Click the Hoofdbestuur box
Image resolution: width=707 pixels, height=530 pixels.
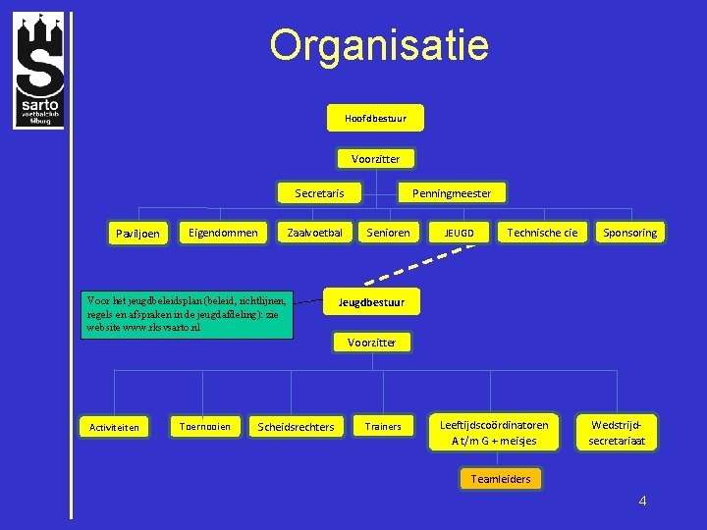click(375, 119)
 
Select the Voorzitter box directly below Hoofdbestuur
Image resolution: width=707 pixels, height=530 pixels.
click(375, 158)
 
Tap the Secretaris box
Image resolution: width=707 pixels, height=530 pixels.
click(319, 193)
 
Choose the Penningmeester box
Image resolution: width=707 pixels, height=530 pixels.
click(452, 193)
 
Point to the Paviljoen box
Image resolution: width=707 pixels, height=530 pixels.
click(137, 234)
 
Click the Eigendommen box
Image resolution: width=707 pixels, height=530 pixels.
click(223, 233)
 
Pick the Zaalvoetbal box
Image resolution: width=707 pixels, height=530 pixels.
click(314, 233)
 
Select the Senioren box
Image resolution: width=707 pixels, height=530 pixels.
click(389, 233)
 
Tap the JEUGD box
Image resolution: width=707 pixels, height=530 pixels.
click(459, 233)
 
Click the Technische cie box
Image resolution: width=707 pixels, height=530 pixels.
click(542, 233)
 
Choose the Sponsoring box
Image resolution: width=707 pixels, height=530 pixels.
click(630, 233)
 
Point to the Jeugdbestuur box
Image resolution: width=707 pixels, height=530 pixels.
click(371, 301)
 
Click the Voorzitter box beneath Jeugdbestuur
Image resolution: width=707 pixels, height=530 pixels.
click(371, 343)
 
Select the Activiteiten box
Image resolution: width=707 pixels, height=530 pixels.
click(114, 427)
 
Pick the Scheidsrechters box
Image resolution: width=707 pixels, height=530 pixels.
click(295, 427)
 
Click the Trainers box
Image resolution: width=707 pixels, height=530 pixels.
click(383, 426)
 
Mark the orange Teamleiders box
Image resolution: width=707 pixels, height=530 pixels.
click(501, 479)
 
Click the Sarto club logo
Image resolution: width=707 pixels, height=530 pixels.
click(38, 70)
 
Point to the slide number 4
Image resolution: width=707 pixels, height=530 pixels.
click(642, 502)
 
